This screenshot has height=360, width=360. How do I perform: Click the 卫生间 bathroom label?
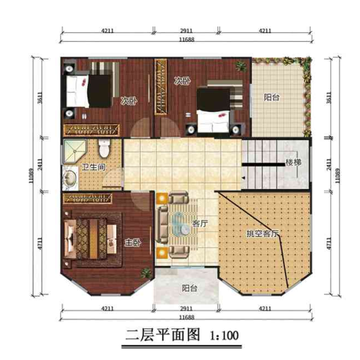[93, 168]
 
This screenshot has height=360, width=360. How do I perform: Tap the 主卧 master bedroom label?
[133, 242]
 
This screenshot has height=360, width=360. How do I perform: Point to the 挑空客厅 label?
[263, 233]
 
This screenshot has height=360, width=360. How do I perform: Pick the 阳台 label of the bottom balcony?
[189, 289]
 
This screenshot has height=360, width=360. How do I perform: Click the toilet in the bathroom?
[105, 148]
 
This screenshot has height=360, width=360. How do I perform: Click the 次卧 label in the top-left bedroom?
[128, 101]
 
